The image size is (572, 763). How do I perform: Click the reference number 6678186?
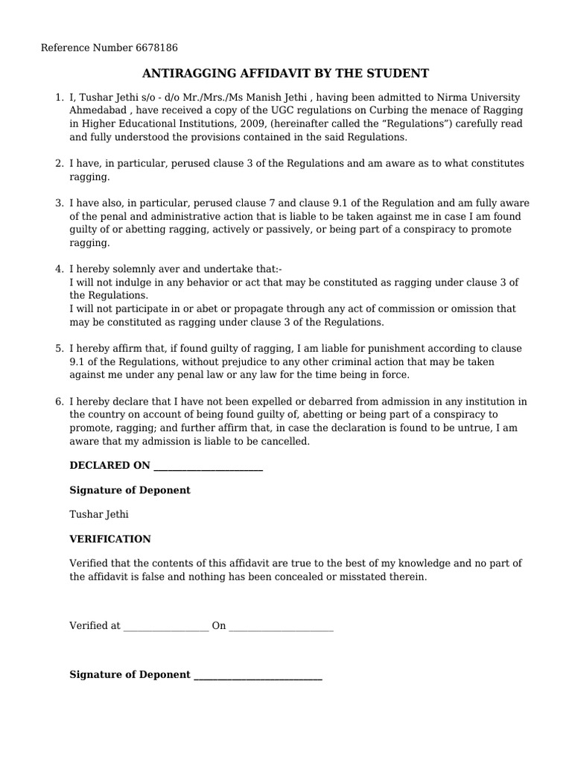click(x=157, y=48)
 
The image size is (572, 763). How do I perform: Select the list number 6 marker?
click(x=59, y=402)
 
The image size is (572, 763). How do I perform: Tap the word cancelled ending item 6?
click(x=285, y=442)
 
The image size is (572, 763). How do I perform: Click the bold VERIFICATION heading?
click(x=110, y=539)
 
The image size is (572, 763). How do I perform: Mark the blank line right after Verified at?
click(x=165, y=627)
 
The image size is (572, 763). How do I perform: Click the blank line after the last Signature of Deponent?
click(x=258, y=675)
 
